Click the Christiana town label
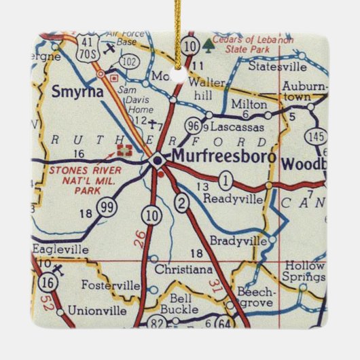(x=183, y=269)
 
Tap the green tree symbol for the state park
(x=208, y=45)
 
